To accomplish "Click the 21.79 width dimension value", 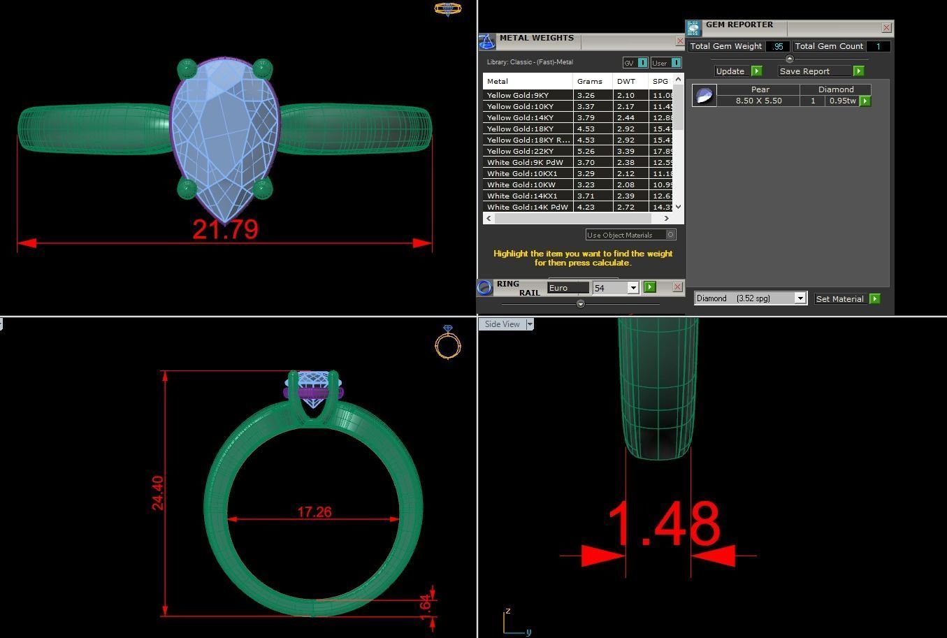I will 225,229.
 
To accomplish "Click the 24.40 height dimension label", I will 158,493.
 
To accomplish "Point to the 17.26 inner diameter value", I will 314,512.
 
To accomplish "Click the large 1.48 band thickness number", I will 663,524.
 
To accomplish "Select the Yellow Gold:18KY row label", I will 520,129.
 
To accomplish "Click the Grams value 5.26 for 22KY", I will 586,151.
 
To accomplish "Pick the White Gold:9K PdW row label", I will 525,162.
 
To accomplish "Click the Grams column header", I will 590,81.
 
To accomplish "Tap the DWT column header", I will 626,81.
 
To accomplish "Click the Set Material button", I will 840,299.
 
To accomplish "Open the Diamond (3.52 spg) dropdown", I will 800,299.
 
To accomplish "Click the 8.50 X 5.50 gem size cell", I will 758,101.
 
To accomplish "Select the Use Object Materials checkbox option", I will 670,235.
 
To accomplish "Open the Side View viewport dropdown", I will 530,324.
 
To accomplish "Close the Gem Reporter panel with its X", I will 886,28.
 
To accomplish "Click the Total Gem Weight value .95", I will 778,47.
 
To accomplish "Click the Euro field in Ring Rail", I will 568,288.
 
